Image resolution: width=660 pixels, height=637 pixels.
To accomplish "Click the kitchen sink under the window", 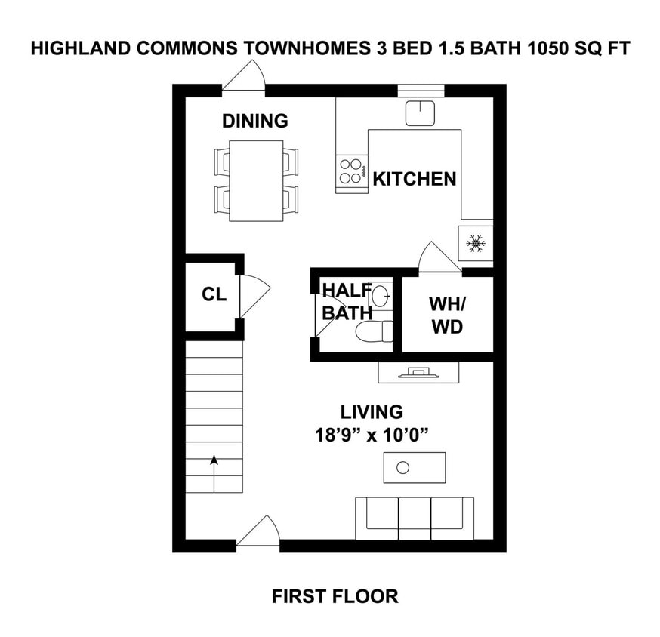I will (420, 113).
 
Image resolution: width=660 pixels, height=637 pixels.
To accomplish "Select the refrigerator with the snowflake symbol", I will (475, 243).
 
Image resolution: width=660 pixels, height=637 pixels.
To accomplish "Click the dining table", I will (256, 180).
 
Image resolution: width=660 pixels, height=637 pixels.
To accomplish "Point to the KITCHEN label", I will (415, 179).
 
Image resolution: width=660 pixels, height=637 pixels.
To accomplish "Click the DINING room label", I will (255, 121).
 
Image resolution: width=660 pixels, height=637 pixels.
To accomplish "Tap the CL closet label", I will (214, 294).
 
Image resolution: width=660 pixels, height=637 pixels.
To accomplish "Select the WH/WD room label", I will (447, 315).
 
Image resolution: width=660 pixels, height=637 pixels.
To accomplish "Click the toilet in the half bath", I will (375, 331).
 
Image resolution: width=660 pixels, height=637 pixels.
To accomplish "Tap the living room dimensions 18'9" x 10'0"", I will (371, 435).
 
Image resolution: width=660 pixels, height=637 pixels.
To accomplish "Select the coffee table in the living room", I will (414, 467).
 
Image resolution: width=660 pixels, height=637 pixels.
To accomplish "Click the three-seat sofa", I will (414, 518).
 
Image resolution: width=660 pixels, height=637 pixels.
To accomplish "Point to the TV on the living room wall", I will (418, 371).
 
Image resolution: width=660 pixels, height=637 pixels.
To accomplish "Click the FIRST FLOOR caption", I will (335, 596).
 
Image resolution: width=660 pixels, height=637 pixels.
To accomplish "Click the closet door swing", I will (253, 296).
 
